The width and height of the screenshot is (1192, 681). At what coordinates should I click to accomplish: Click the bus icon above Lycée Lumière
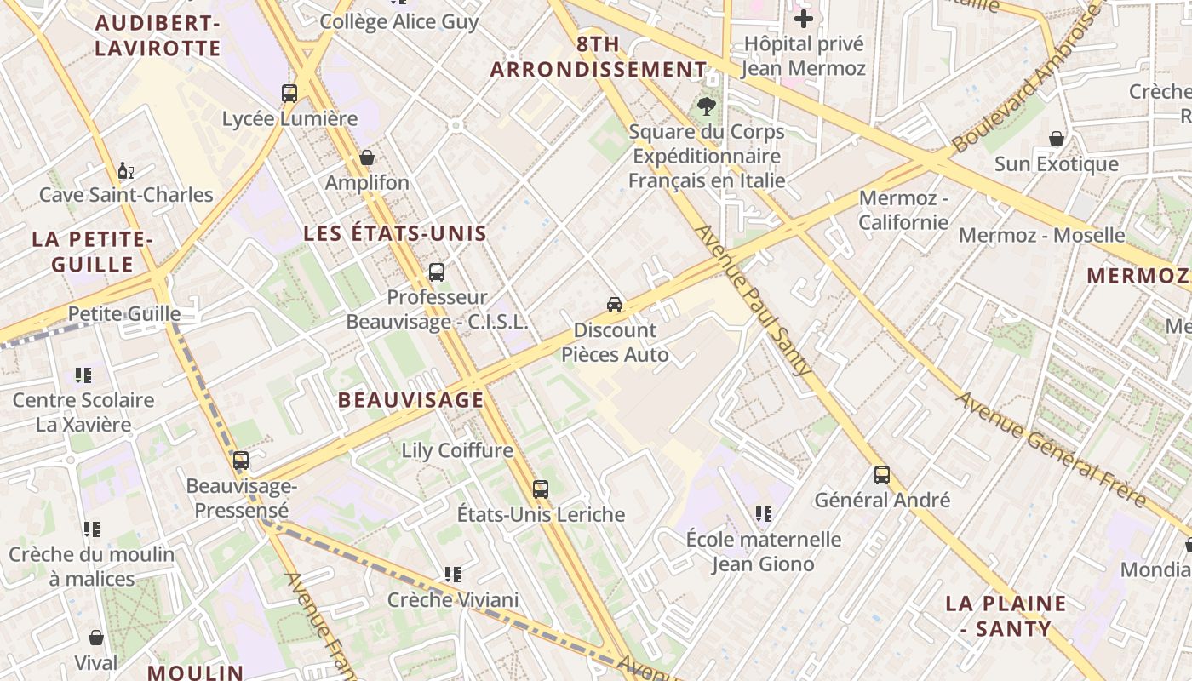click(x=289, y=94)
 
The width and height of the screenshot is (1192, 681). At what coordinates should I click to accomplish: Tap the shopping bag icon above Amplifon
click(x=367, y=157)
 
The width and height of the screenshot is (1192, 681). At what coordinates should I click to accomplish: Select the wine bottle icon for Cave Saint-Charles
click(x=126, y=170)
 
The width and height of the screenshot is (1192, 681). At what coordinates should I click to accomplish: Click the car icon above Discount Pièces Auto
click(x=615, y=304)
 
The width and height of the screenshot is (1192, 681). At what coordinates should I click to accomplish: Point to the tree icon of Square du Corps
click(x=706, y=106)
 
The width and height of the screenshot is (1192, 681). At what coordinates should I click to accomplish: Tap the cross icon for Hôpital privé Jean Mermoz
click(x=804, y=19)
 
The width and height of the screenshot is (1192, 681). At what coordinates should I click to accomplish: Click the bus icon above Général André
click(x=882, y=475)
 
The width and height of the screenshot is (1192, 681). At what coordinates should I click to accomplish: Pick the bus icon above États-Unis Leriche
click(x=541, y=489)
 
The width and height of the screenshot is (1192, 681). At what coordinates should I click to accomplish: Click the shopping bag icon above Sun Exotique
click(x=1057, y=139)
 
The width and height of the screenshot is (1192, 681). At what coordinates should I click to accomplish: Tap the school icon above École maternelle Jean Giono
click(x=764, y=514)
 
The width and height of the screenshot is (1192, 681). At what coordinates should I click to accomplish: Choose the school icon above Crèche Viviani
click(x=452, y=575)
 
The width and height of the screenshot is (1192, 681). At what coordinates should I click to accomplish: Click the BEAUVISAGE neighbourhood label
click(x=410, y=400)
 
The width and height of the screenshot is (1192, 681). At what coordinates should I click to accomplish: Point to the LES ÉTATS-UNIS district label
click(x=395, y=233)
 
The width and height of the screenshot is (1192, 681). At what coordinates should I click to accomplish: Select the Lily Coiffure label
click(x=457, y=450)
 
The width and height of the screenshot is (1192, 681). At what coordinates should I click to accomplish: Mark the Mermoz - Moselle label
click(x=1042, y=235)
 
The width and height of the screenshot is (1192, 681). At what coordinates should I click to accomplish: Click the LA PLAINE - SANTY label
click(x=1006, y=616)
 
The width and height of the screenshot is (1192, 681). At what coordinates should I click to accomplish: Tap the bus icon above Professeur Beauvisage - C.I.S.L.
click(x=437, y=272)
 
